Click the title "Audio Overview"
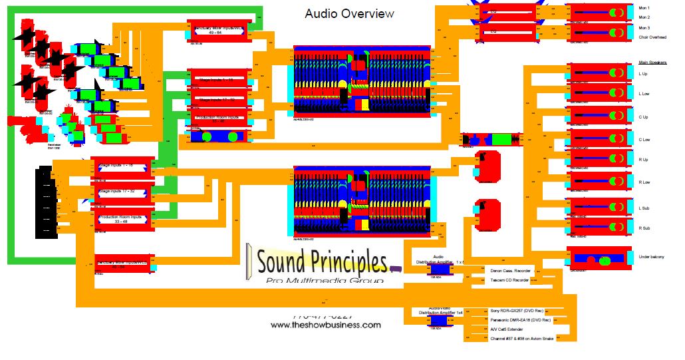(x=349, y=13)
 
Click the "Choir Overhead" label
(x=653, y=37)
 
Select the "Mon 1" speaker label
(x=644, y=7)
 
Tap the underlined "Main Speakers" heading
(x=652, y=61)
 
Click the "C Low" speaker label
(x=644, y=140)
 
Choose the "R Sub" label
(x=644, y=228)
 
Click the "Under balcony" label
(x=651, y=257)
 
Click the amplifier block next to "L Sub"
(x=599, y=207)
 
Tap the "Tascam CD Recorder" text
(x=509, y=280)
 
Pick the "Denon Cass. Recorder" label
(x=511, y=271)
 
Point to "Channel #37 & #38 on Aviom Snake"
(x=521, y=339)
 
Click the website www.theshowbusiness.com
(x=326, y=325)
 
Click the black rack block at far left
(x=46, y=202)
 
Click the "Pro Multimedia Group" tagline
(x=325, y=281)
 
